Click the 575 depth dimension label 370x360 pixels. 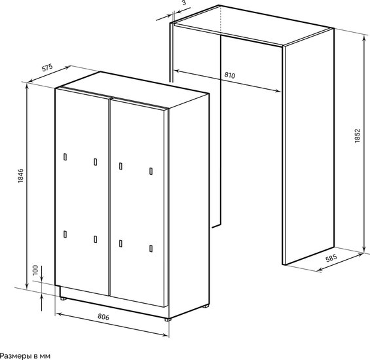coord(47,67)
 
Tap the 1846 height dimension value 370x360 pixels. coord(21,175)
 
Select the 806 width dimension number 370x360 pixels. coord(103,317)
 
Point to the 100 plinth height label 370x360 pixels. coord(35,270)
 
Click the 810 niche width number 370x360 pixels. coord(230,75)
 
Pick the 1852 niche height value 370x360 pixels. coord(358,135)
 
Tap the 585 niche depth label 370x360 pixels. coord(331,259)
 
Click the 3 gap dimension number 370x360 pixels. coord(184,3)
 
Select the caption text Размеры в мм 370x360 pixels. coord(25,356)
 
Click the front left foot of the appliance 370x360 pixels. coord(63,298)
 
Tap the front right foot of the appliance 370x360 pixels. coord(168,319)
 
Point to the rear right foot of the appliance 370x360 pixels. coord(206,306)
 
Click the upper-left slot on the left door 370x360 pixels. coord(65,157)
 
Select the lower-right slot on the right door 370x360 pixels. coord(151,249)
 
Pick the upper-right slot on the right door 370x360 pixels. coord(151,171)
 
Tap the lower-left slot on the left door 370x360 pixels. coord(65,234)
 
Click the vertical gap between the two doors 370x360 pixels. coord(109,197)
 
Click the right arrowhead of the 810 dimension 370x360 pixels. coord(278,90)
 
